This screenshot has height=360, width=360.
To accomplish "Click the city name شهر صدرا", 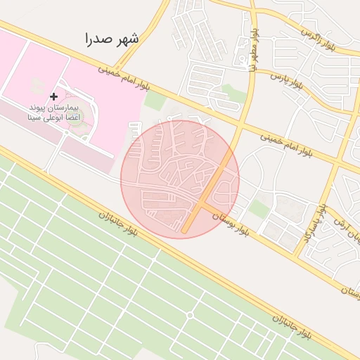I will tap(111, 39).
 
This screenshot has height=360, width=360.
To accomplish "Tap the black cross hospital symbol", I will tap(53, 96).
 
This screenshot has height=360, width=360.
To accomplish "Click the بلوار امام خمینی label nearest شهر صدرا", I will tap(124, 78).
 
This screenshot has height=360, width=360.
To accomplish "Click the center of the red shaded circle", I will tap(180, 179).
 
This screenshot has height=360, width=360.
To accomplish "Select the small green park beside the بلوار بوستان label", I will tap(259, 209).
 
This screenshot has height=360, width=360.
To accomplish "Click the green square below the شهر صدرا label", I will tap(155, 101).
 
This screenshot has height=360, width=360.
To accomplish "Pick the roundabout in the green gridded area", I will tap(190, 315).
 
